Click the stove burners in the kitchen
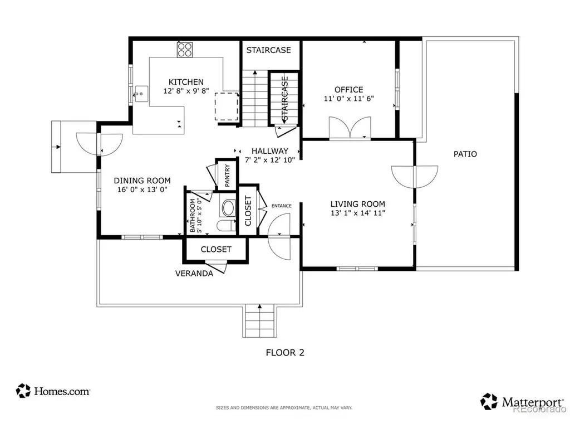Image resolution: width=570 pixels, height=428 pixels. pos(185,50)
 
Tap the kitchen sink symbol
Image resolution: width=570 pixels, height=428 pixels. pos(141,94)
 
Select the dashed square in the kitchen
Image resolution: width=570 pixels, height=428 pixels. pos(227,106)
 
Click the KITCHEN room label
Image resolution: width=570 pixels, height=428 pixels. pos(186,82)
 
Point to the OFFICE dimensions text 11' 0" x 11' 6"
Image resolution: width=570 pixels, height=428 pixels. pos(349,98)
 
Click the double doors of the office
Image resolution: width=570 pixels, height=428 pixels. pos(350,128)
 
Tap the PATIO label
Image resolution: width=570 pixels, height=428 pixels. pos(465,154)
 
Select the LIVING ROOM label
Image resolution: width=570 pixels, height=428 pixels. pos(358,204)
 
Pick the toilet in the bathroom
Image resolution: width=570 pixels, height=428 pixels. pos(227,225)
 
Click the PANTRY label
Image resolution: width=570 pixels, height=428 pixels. pos(228,176)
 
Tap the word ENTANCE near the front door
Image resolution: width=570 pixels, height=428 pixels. pos(281,206)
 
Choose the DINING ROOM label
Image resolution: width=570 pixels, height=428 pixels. pos(142,181)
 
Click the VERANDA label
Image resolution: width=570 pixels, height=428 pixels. pos(194,273)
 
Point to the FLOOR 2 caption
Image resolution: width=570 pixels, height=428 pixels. pos(285,352)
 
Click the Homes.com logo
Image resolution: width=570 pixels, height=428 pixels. pos(53,391)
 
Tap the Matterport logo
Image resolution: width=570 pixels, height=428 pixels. pos(522,402)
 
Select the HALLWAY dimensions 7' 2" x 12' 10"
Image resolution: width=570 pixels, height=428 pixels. pos(270,160)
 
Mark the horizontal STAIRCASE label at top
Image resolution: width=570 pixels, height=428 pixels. pos(269,50)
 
